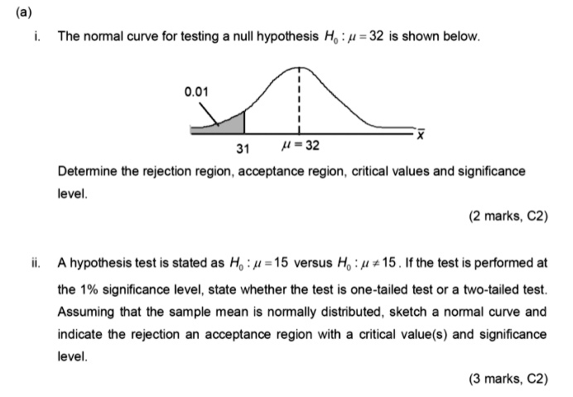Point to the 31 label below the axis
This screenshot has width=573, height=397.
(243, 149)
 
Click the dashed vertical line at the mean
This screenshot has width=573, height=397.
(299, 104)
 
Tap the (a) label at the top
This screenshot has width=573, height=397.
(17, 12)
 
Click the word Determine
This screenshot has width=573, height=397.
(86, 171)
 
